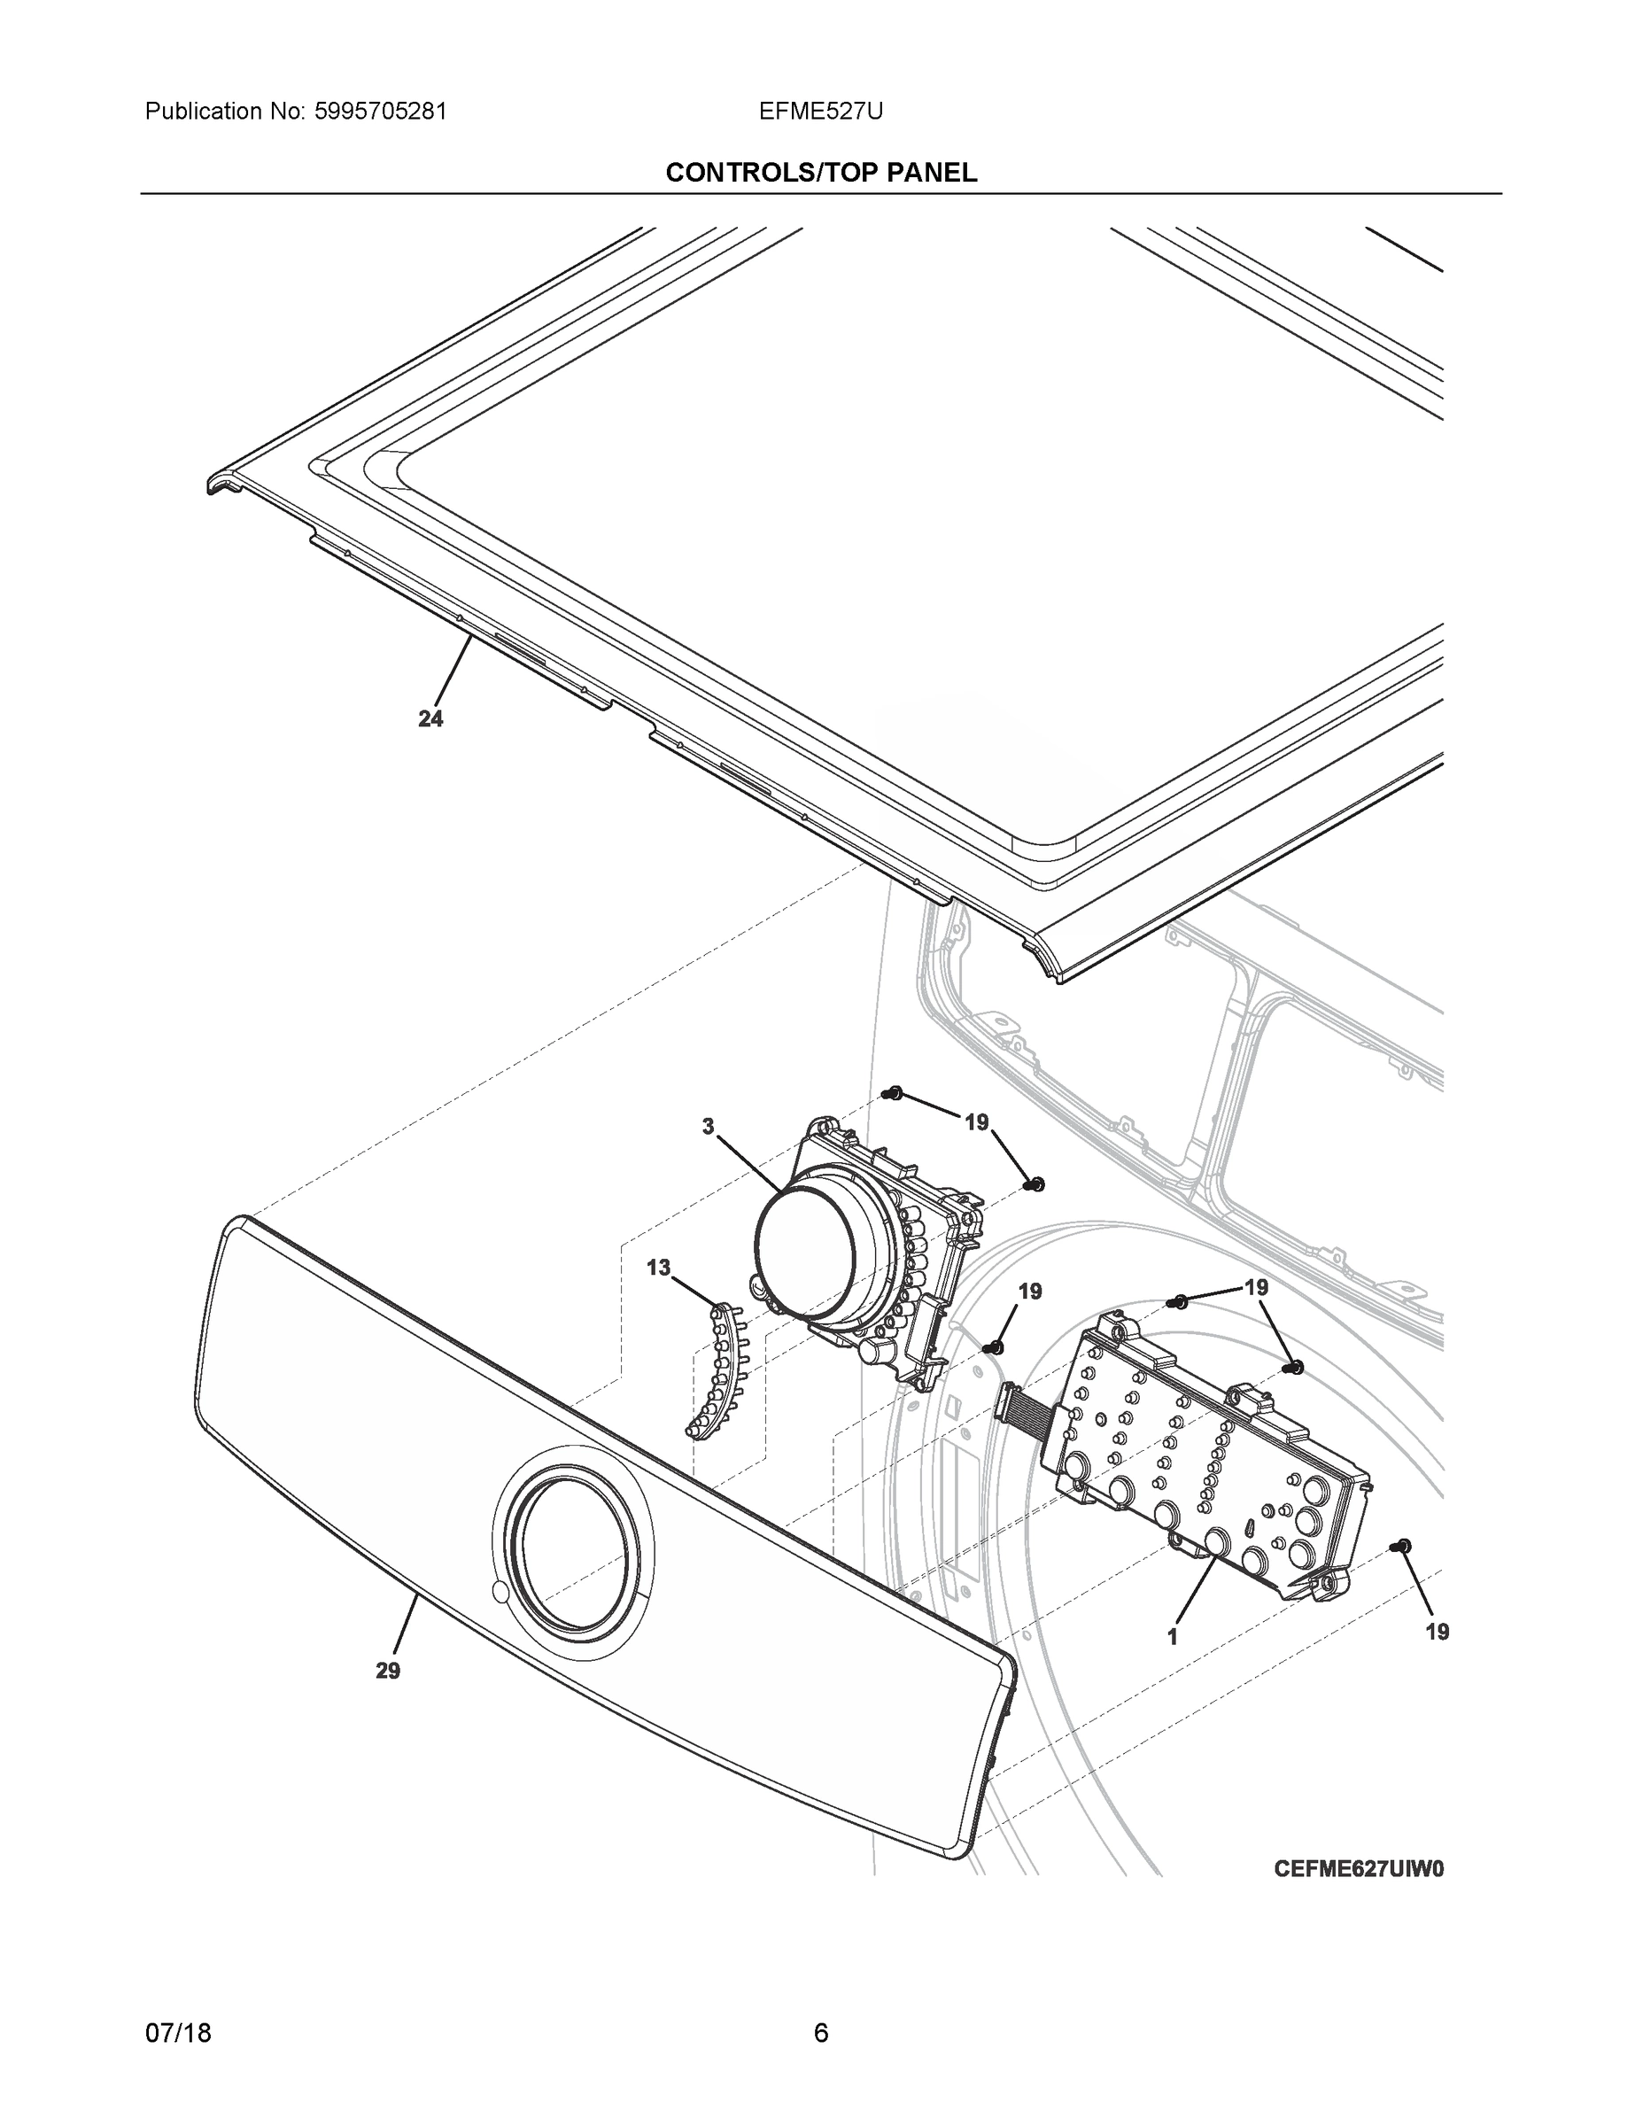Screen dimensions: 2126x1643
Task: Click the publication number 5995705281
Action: coord(380,112)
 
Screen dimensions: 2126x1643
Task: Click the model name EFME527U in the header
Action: coord(820,112)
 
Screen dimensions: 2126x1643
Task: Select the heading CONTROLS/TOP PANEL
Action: coord(820,174)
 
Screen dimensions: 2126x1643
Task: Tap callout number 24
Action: coord(430,718)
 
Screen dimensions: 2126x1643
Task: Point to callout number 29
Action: coord(387,1671)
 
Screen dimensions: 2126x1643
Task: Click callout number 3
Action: coord(708,1126)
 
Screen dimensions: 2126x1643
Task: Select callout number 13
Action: coord(659,1268)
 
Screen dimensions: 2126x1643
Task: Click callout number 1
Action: coord(1173,1637)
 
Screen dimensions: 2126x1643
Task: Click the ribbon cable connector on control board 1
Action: coord(1007,1401)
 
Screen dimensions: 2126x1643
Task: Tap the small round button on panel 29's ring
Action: coord(500,1593)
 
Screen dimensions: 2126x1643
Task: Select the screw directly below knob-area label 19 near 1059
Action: coord(994,1348)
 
